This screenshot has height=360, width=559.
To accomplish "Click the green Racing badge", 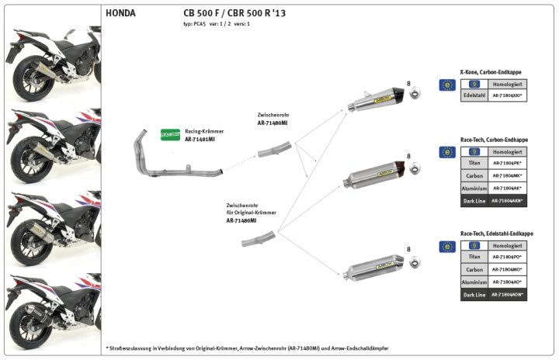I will point(171,133).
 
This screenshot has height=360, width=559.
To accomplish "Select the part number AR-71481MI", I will point(200,139).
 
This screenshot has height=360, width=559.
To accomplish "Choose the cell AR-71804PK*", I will point(507,164).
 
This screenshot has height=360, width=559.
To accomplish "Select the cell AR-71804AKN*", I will point(507,201).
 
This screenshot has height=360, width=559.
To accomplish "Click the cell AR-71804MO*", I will point(507,269).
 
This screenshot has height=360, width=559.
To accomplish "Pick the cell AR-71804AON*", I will point(507,295).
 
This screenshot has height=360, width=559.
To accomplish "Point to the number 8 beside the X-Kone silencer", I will point(408,82).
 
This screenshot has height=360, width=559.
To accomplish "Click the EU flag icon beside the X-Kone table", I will point(446,85).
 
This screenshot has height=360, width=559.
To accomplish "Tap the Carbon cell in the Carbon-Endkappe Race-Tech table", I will point(474,176).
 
